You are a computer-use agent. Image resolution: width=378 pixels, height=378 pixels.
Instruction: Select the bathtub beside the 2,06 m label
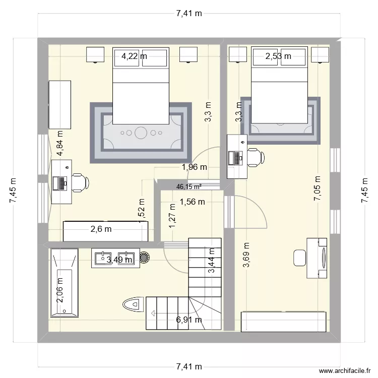click(x=64, y=283)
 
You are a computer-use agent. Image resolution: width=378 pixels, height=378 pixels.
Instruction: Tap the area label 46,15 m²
click(x=189, y=186)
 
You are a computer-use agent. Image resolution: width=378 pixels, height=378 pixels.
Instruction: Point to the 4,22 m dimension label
click(x=134, y=56)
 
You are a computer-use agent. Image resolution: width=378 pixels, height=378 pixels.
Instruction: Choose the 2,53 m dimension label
click(x=278, y=56)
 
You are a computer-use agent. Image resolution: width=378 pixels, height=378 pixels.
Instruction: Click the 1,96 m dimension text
click(x=195, y=167)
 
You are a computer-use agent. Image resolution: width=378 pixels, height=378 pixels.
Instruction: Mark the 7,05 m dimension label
click(x=317, y=189)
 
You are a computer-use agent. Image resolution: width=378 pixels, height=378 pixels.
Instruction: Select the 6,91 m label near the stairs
click(x=189, y=320)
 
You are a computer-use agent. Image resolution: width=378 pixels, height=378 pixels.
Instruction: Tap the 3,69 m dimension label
click(x=246, y=255)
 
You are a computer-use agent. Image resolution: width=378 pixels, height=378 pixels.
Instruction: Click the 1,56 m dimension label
click(x=192, y=202)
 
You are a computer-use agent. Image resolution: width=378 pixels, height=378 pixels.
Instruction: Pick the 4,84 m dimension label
click(x=60, y=144)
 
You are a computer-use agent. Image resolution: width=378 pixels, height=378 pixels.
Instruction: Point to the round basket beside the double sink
click(x=144, y=258)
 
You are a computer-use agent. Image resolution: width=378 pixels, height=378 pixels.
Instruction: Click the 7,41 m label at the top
click(x=189, y=14)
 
